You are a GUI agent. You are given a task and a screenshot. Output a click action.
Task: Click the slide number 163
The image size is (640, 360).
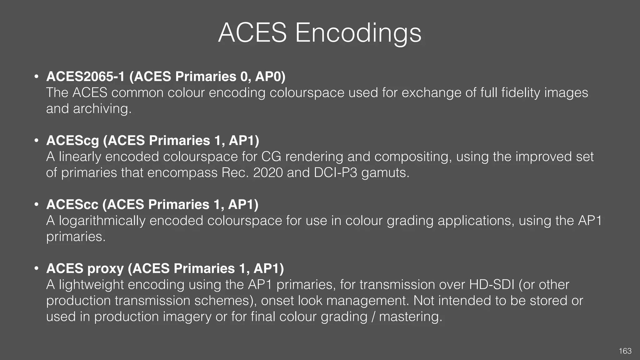point(625,351)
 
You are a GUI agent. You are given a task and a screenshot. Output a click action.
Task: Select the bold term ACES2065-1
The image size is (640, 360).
point(85,77)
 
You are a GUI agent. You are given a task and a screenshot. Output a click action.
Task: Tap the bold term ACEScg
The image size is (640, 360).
point(72,141)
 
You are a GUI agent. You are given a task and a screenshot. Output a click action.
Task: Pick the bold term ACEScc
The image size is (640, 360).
point(72,205)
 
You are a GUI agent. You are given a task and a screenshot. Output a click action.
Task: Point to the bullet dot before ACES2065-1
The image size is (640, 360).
point(37,77)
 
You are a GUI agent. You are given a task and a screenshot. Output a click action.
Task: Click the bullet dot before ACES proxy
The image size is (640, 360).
point(37,268)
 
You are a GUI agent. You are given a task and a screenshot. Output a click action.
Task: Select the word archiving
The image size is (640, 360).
point(102,109)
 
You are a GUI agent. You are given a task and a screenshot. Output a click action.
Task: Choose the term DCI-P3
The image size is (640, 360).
point(335,173)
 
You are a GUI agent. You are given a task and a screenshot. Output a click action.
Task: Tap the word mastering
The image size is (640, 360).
point(411,317)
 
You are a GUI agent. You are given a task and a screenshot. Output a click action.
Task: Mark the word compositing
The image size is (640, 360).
point(413,157)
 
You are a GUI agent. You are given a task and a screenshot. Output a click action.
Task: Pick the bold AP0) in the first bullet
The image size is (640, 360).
point(270,77)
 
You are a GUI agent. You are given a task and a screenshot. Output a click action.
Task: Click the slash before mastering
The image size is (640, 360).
point(373,317)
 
